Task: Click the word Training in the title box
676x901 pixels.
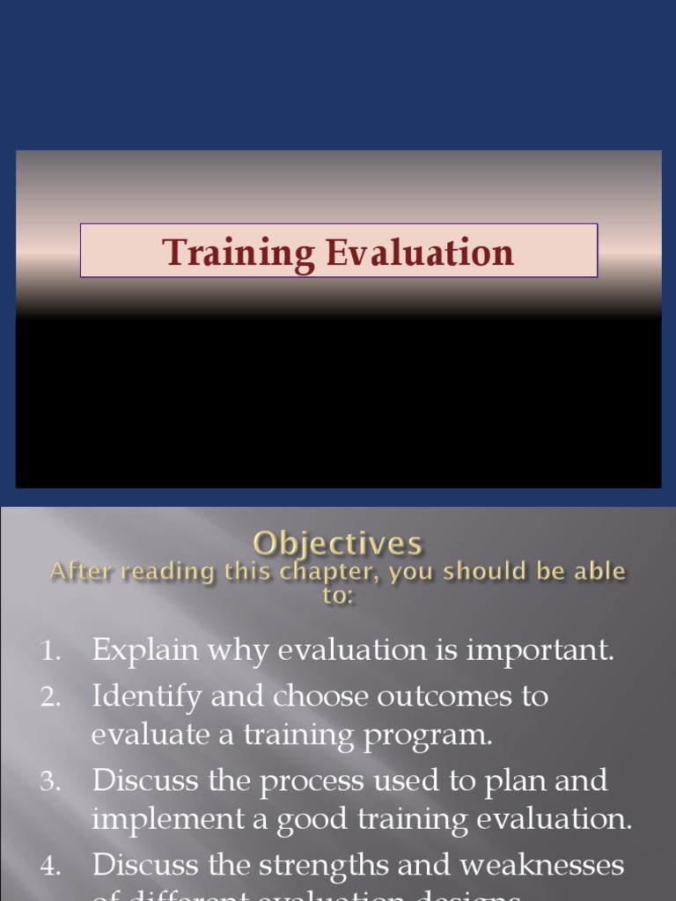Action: pyautogui.click(x=239, y=253)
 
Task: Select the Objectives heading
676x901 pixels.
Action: pyautogui.click(x=338, y=543)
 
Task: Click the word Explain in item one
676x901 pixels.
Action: pyautogui.click(x=145, y=651)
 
